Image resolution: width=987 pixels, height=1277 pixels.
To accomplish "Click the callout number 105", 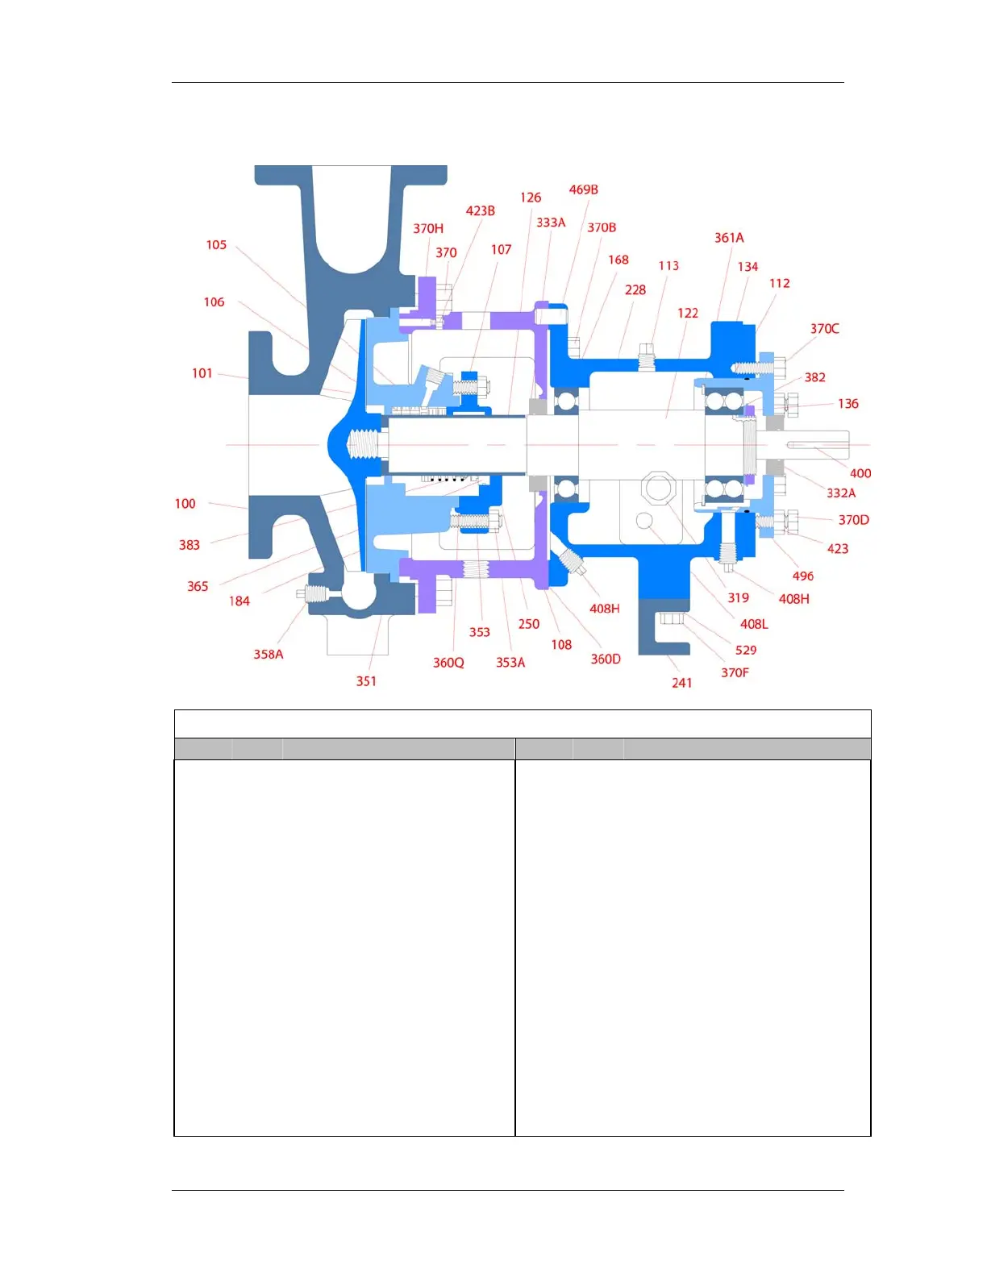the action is [216, 245].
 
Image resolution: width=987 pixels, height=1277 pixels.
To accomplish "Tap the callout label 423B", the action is [480, 211].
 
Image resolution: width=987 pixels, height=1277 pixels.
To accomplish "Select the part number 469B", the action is [583, 190].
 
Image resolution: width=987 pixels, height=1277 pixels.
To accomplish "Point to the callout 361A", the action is [729, 238].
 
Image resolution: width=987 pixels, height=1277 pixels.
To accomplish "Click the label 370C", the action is [824, 329].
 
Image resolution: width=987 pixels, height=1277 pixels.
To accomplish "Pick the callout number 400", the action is [860, 474].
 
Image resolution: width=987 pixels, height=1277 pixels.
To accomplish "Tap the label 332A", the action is [840, 493].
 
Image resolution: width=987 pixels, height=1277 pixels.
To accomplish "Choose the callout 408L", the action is [754, 624].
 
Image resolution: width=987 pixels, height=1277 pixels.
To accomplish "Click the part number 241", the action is [681, 683].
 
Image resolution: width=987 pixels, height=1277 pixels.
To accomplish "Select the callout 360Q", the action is [448, 663].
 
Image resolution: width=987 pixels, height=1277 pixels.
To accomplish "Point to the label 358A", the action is [269, 655].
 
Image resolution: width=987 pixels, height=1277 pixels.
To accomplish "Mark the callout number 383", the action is [189, 546].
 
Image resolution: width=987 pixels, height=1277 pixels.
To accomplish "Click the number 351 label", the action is [366, 681].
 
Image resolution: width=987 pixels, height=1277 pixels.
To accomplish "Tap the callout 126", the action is [530, 198].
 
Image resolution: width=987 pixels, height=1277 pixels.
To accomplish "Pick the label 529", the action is [746, 651].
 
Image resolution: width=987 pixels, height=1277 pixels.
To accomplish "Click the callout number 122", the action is [687, 314].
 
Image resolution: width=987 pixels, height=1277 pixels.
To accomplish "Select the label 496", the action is [802, 576].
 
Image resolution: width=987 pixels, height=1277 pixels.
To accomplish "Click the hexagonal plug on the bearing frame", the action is [659, 488].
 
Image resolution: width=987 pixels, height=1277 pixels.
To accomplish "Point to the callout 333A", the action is [551, 223].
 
